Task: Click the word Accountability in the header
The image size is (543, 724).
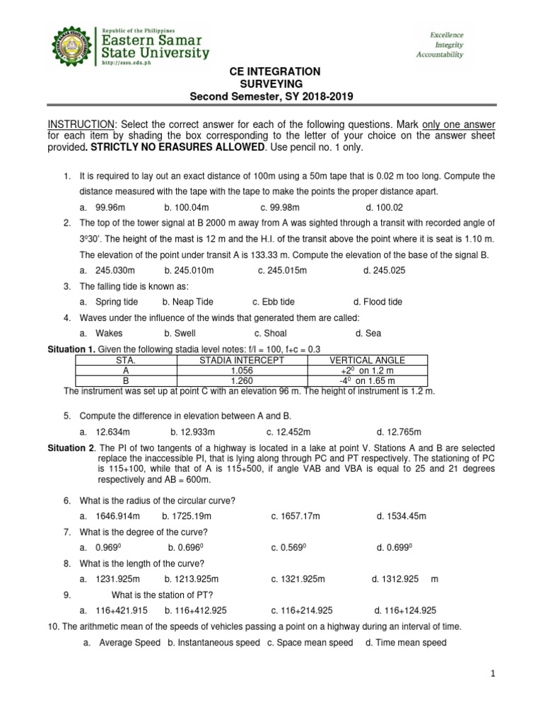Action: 440,54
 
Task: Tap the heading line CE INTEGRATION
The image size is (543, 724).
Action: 272,72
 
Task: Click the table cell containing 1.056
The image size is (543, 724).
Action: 242,370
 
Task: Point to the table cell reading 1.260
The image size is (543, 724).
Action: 242,380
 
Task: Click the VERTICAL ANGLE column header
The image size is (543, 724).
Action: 367,360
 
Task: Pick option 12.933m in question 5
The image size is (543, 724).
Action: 194,432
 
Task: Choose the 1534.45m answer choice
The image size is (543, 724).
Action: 402,517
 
